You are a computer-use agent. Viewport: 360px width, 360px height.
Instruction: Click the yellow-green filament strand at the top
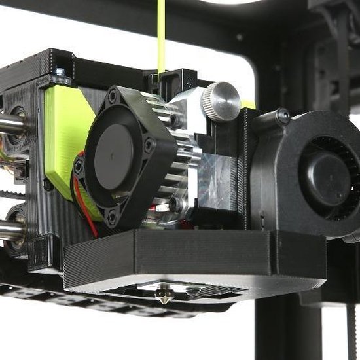tap(161, 33)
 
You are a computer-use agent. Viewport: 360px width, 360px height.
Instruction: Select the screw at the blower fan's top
tap(283, 117)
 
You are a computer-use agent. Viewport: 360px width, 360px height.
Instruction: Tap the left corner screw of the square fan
tap(79, 167)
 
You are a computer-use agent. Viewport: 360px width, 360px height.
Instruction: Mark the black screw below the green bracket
tap(48, 185)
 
